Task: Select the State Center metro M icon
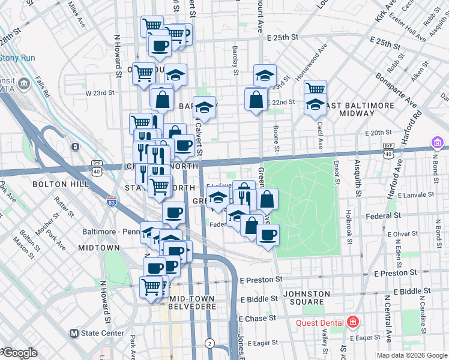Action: (x=74, y=333)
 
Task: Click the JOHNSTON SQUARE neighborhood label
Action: (x=308, y=298)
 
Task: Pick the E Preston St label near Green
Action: (x=261, y=280)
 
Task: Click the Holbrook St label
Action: (x=348, y=225)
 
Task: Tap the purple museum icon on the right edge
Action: (x=438, y=143)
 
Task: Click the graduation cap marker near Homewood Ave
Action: (x=265, y=76)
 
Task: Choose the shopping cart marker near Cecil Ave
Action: (x=315, y=89)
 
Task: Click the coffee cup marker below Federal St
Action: (x=268, y=233)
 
